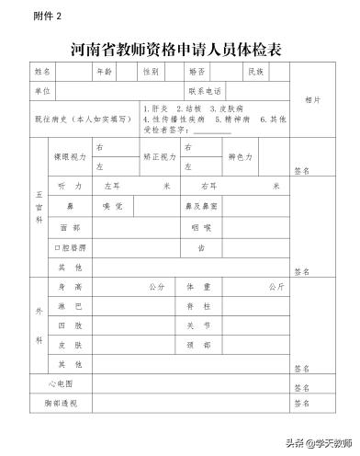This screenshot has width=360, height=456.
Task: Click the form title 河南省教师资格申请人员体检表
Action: [179, 49]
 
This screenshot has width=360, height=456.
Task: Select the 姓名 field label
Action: [44, 72]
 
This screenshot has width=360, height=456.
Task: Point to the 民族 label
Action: [254, 72]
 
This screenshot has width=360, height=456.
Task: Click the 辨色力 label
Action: [242, 157]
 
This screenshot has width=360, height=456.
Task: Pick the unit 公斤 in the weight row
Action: [275, 287]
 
